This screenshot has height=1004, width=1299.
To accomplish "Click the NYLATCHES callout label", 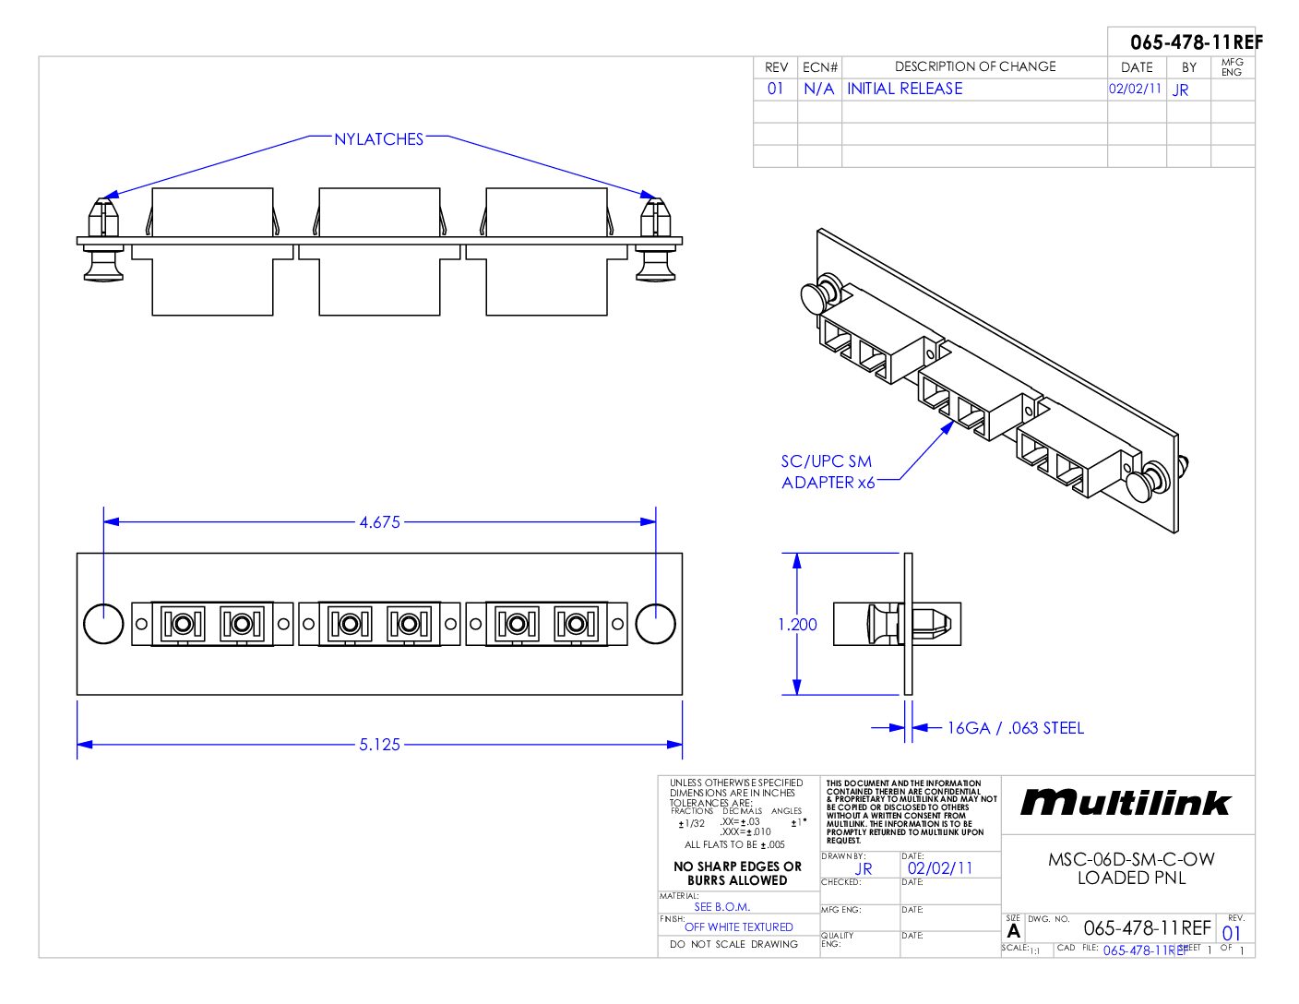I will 378,139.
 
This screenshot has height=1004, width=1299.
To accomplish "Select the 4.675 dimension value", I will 379,522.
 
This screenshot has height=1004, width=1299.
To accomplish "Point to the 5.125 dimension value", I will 379,745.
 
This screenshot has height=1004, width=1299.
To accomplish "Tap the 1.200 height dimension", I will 797,625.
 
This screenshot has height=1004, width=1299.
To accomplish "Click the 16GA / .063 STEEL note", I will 1015,728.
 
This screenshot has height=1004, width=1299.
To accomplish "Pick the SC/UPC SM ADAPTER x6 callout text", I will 828,472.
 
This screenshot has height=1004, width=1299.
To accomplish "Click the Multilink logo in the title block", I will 1126,803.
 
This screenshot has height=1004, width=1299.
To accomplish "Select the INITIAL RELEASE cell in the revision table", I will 904,89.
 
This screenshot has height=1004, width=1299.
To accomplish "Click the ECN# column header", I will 820,67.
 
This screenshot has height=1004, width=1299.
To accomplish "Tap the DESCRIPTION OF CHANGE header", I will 975,66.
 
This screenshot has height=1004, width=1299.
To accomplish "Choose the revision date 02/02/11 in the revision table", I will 1135,89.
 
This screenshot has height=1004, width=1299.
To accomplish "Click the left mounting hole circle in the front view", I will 103,623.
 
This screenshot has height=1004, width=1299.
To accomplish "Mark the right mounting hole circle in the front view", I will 655,623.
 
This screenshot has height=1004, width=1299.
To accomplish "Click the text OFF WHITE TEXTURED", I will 738,926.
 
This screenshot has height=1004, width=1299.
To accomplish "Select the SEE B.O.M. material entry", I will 721,906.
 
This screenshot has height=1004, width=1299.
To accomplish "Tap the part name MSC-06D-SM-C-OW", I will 1131,859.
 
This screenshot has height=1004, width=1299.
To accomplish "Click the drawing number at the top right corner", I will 1196,42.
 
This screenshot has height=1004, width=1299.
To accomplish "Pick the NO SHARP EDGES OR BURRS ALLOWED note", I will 737,873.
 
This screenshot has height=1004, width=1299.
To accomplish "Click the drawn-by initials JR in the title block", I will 864,868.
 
